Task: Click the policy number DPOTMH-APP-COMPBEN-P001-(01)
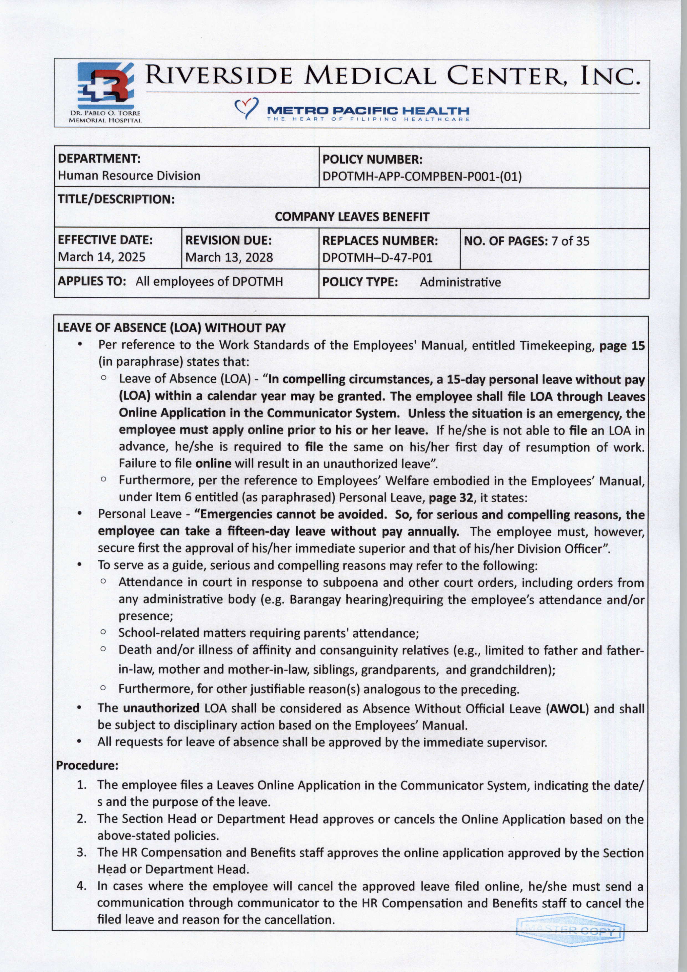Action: (x=422, y=176)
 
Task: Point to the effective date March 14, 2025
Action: (x=102, y=257)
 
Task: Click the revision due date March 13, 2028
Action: (x=229, y=257)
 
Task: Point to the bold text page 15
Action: (x=622, y=346)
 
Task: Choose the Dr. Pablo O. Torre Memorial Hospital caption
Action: (x=105, y=117)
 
